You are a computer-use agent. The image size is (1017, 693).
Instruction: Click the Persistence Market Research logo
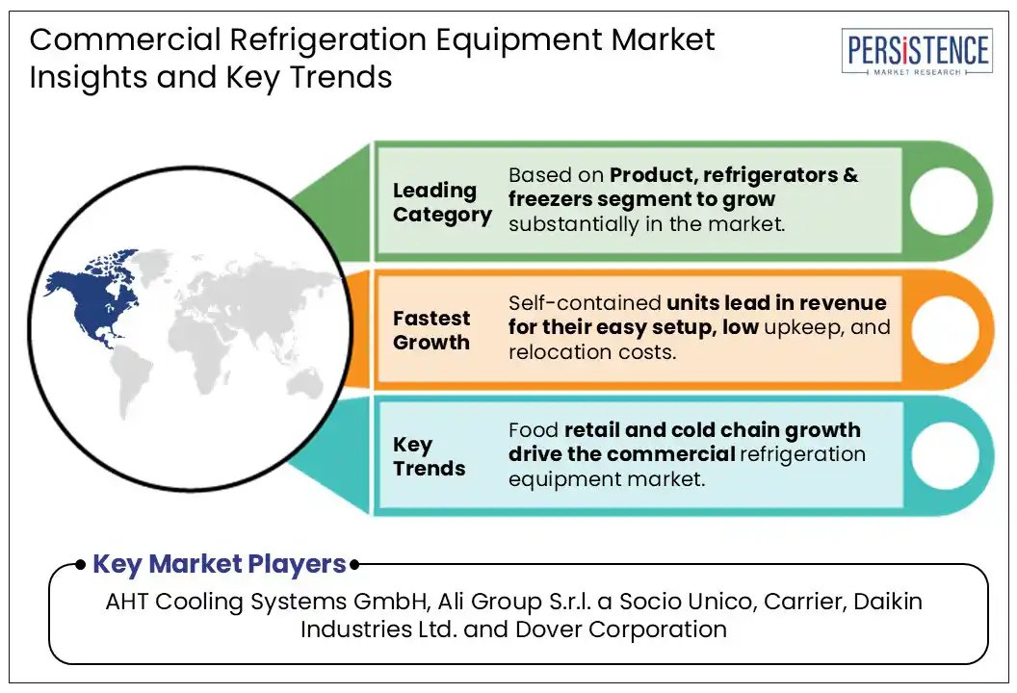tap(917, 52)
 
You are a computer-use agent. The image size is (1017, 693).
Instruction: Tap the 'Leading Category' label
tap(442, 202)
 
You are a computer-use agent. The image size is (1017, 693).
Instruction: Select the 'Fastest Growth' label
tap(431, 330)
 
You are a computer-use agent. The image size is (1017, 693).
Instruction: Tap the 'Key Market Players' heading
tap(219, 564)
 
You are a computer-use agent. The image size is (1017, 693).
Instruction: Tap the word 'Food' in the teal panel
tap(534, 429)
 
